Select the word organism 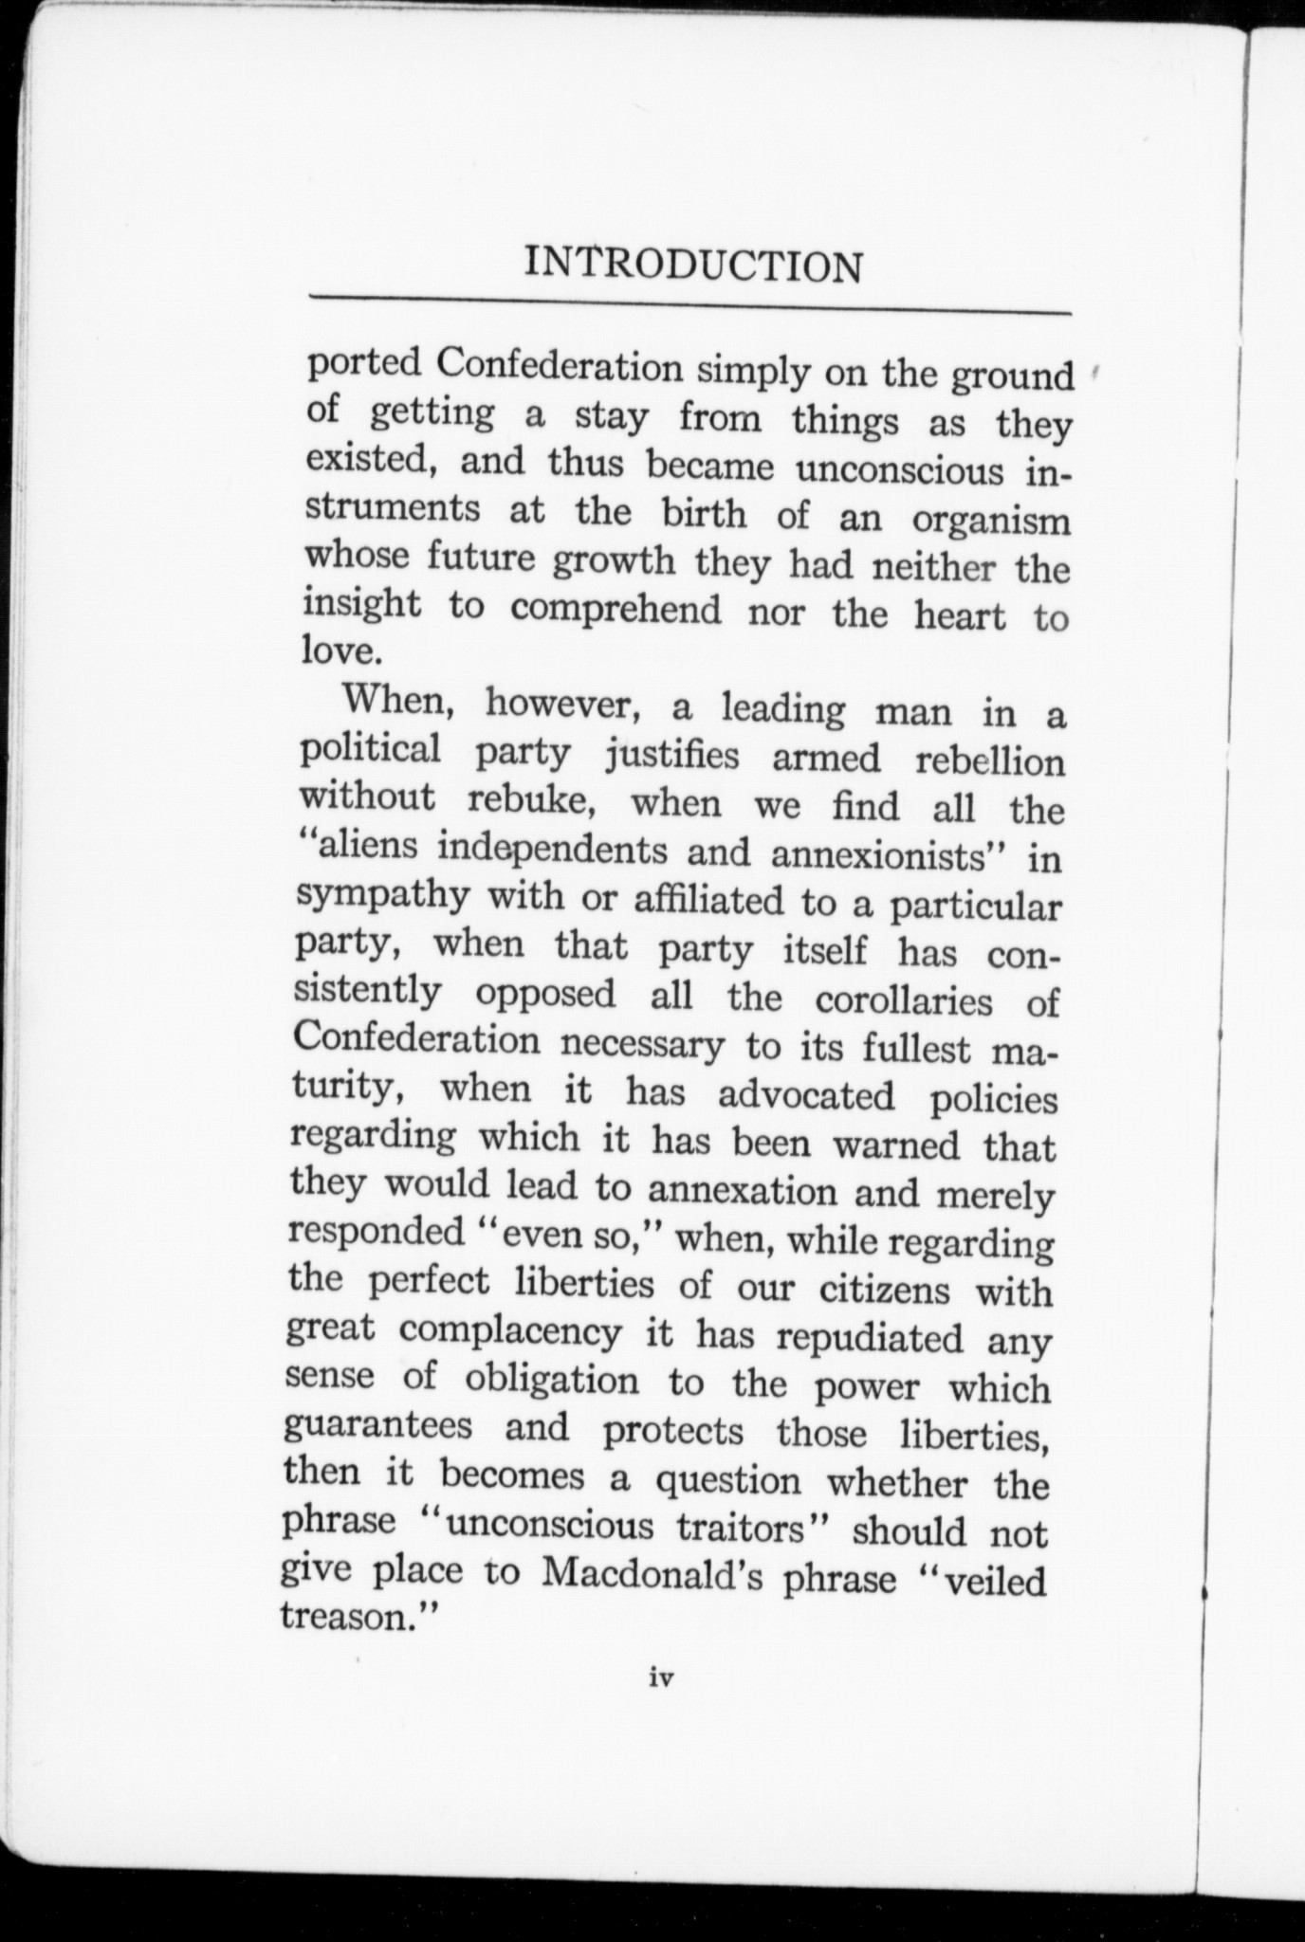pyautogui.click(x=990, y=521)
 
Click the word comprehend pyautogui.click(x=616, y=609)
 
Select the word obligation pyautogui.click(x=552, y=1380)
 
